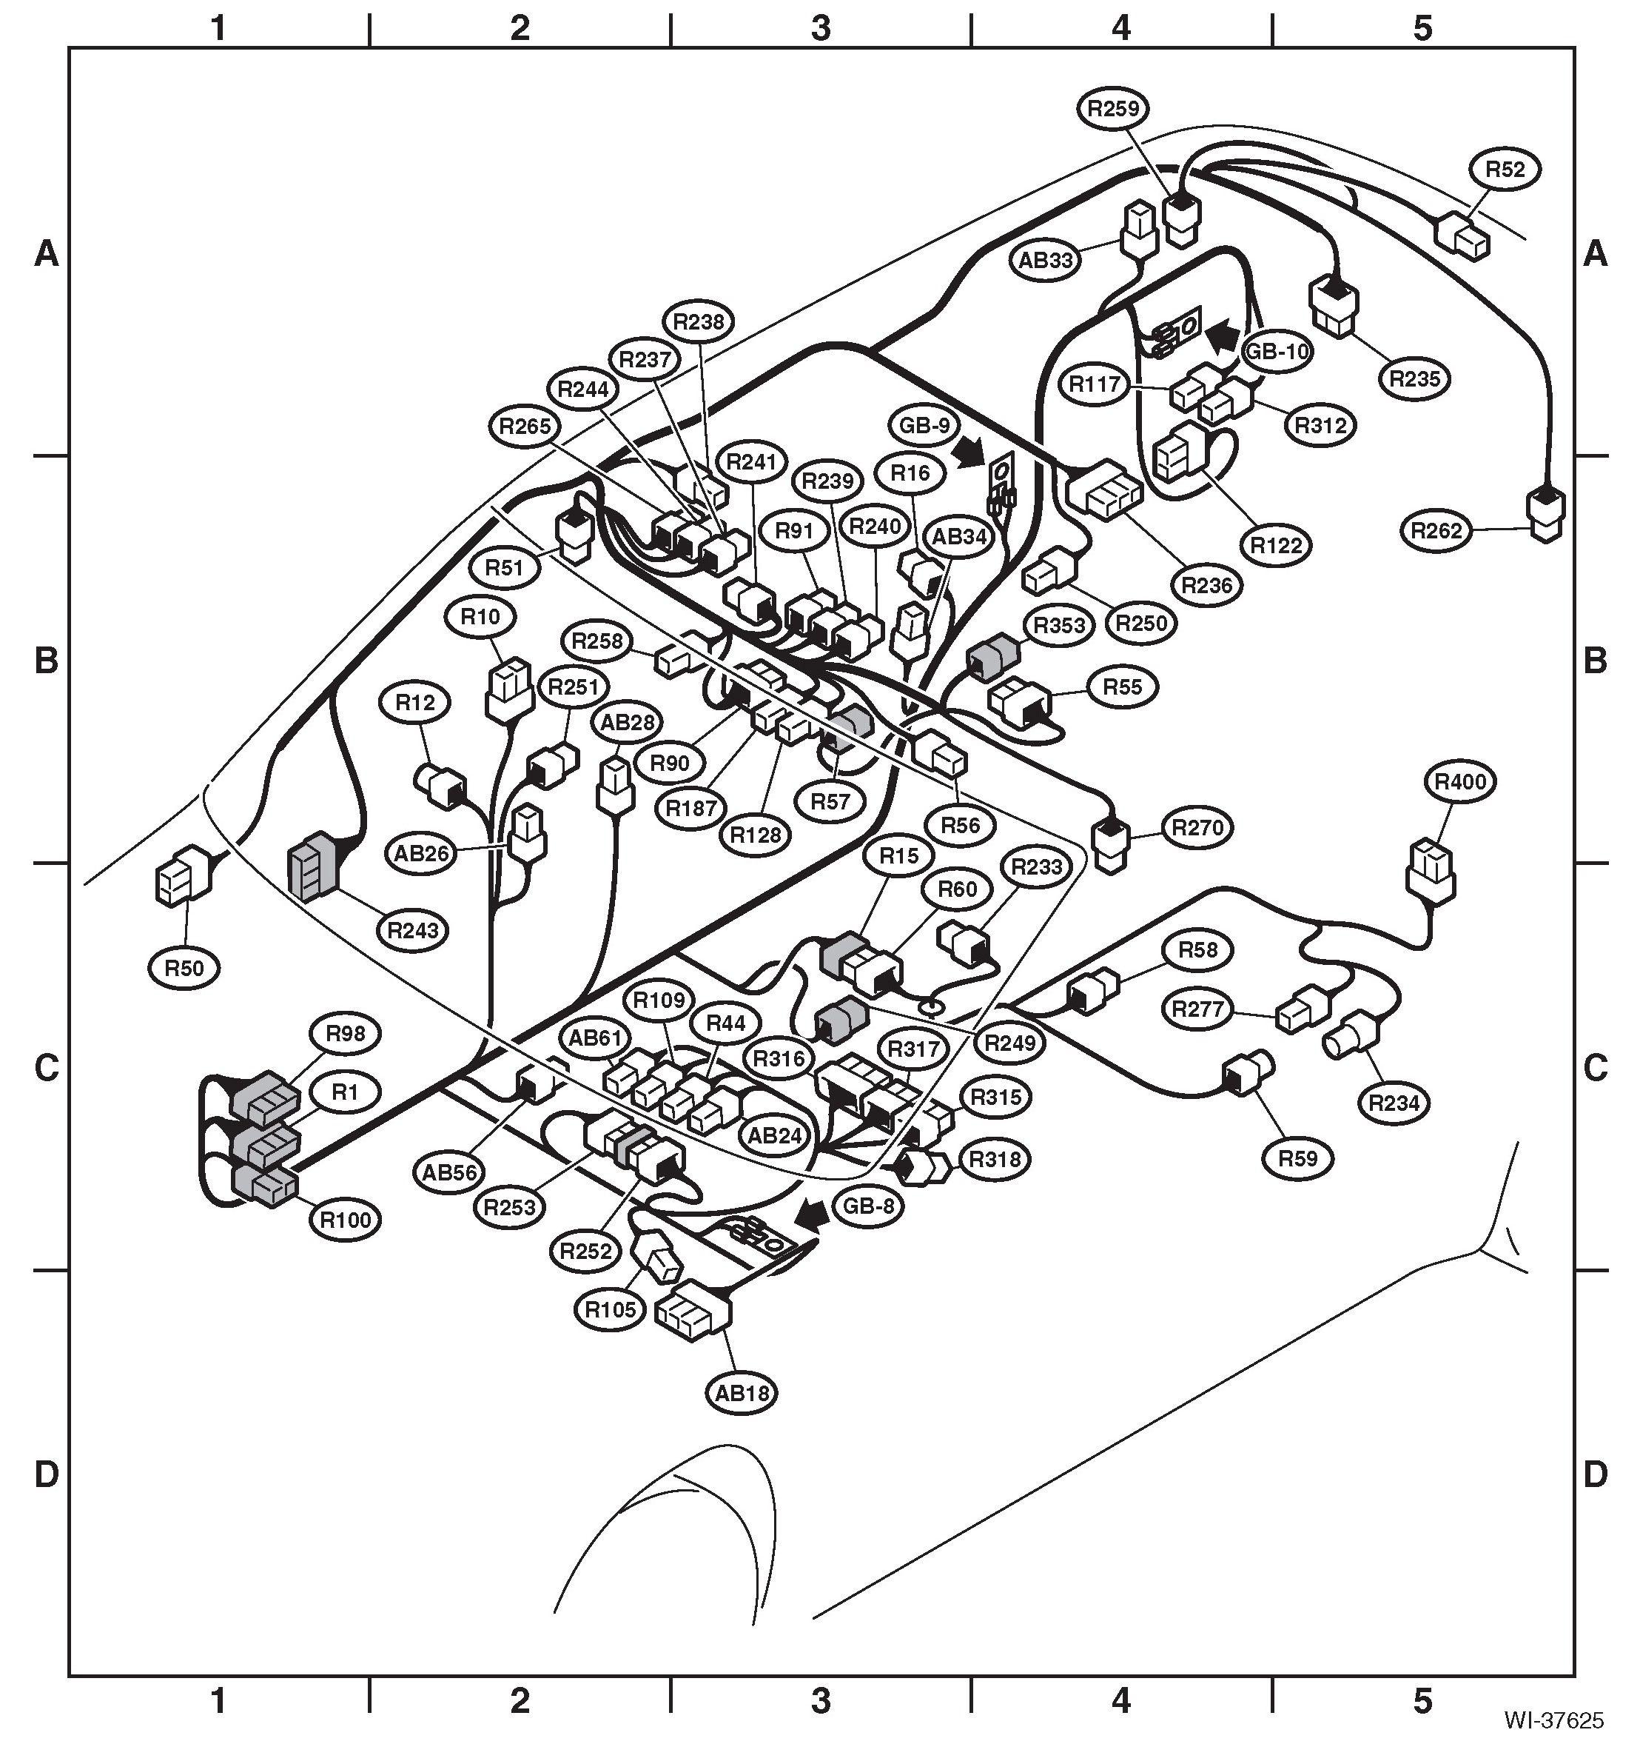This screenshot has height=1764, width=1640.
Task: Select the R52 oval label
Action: pyautogui.click(x=1505, y=170)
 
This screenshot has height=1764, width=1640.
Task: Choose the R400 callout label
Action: pyautogui.click(x=1460, y=782)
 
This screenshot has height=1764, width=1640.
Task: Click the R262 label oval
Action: pyautogui.click(x=1437, y=531)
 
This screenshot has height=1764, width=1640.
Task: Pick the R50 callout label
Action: pyautogui.click(x=184, y=967)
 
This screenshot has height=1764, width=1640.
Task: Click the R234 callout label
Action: pyautogui.click(x=1394, y=1103)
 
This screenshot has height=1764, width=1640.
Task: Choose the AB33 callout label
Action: pyautogui.click(x=1046, y=260)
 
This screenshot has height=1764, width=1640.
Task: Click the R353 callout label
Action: pyautogui.click(x=1060, y=626)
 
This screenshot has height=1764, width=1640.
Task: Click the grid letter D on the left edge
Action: pyautogui.click(x=46, y=1474)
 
